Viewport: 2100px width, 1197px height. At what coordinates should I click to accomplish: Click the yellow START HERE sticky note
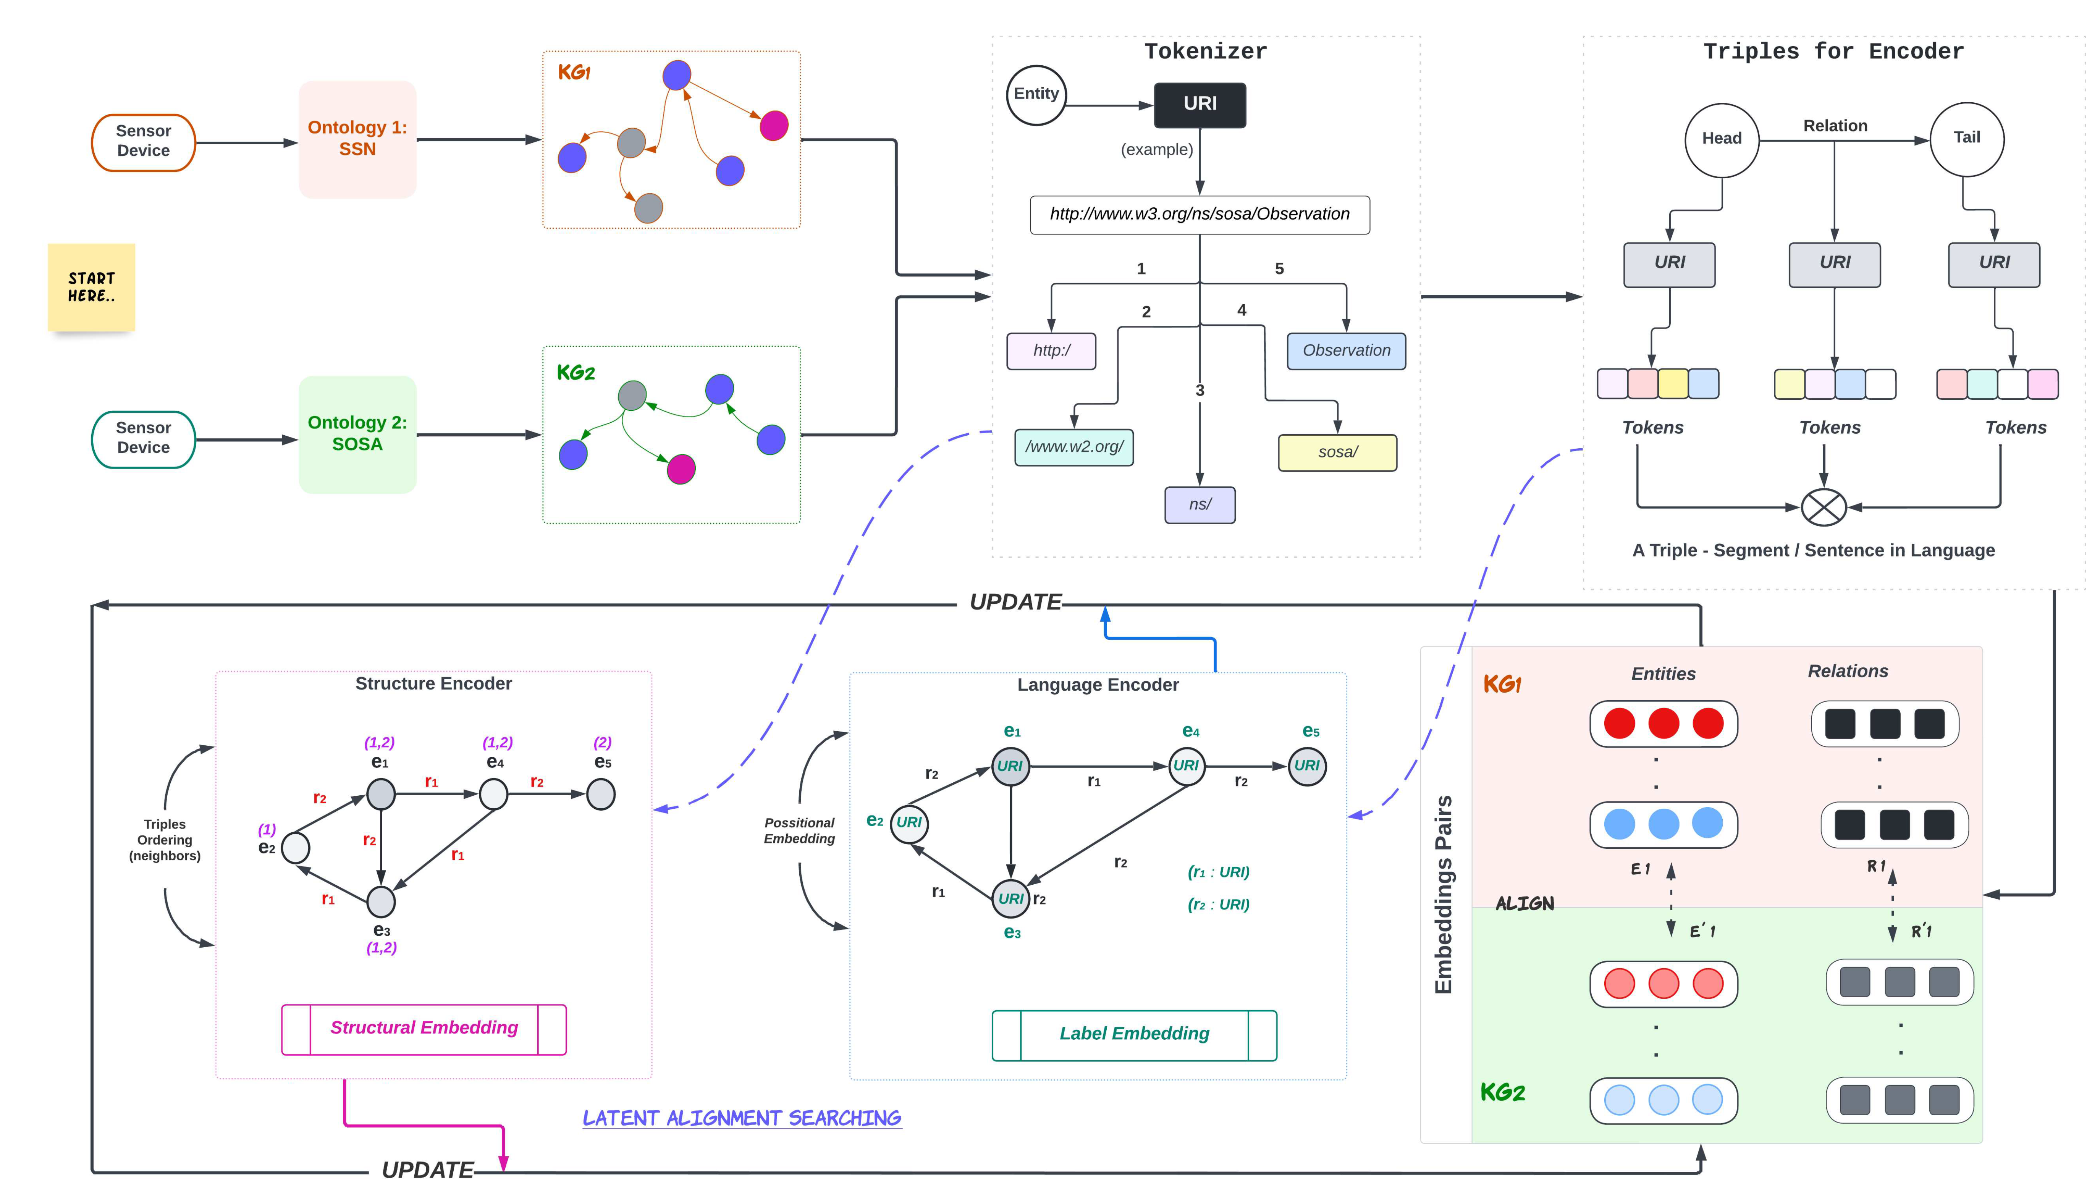(91, 287)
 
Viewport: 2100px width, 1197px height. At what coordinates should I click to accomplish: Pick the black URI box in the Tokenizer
(1199, 104)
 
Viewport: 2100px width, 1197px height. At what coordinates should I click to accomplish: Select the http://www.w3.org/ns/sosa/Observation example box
(1199, 215)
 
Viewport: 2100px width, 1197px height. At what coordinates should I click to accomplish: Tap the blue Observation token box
(1345, 351)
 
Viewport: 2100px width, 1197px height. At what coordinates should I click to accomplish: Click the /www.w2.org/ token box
(1073, 447)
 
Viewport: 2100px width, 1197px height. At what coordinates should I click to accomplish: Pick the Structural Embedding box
(424, 1029)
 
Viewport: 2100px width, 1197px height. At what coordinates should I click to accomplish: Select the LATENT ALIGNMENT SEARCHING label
(741, 1118)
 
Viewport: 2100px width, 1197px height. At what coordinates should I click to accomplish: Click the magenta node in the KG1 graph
(773, 126)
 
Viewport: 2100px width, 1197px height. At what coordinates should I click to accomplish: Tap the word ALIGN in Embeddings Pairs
(1524, 903)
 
